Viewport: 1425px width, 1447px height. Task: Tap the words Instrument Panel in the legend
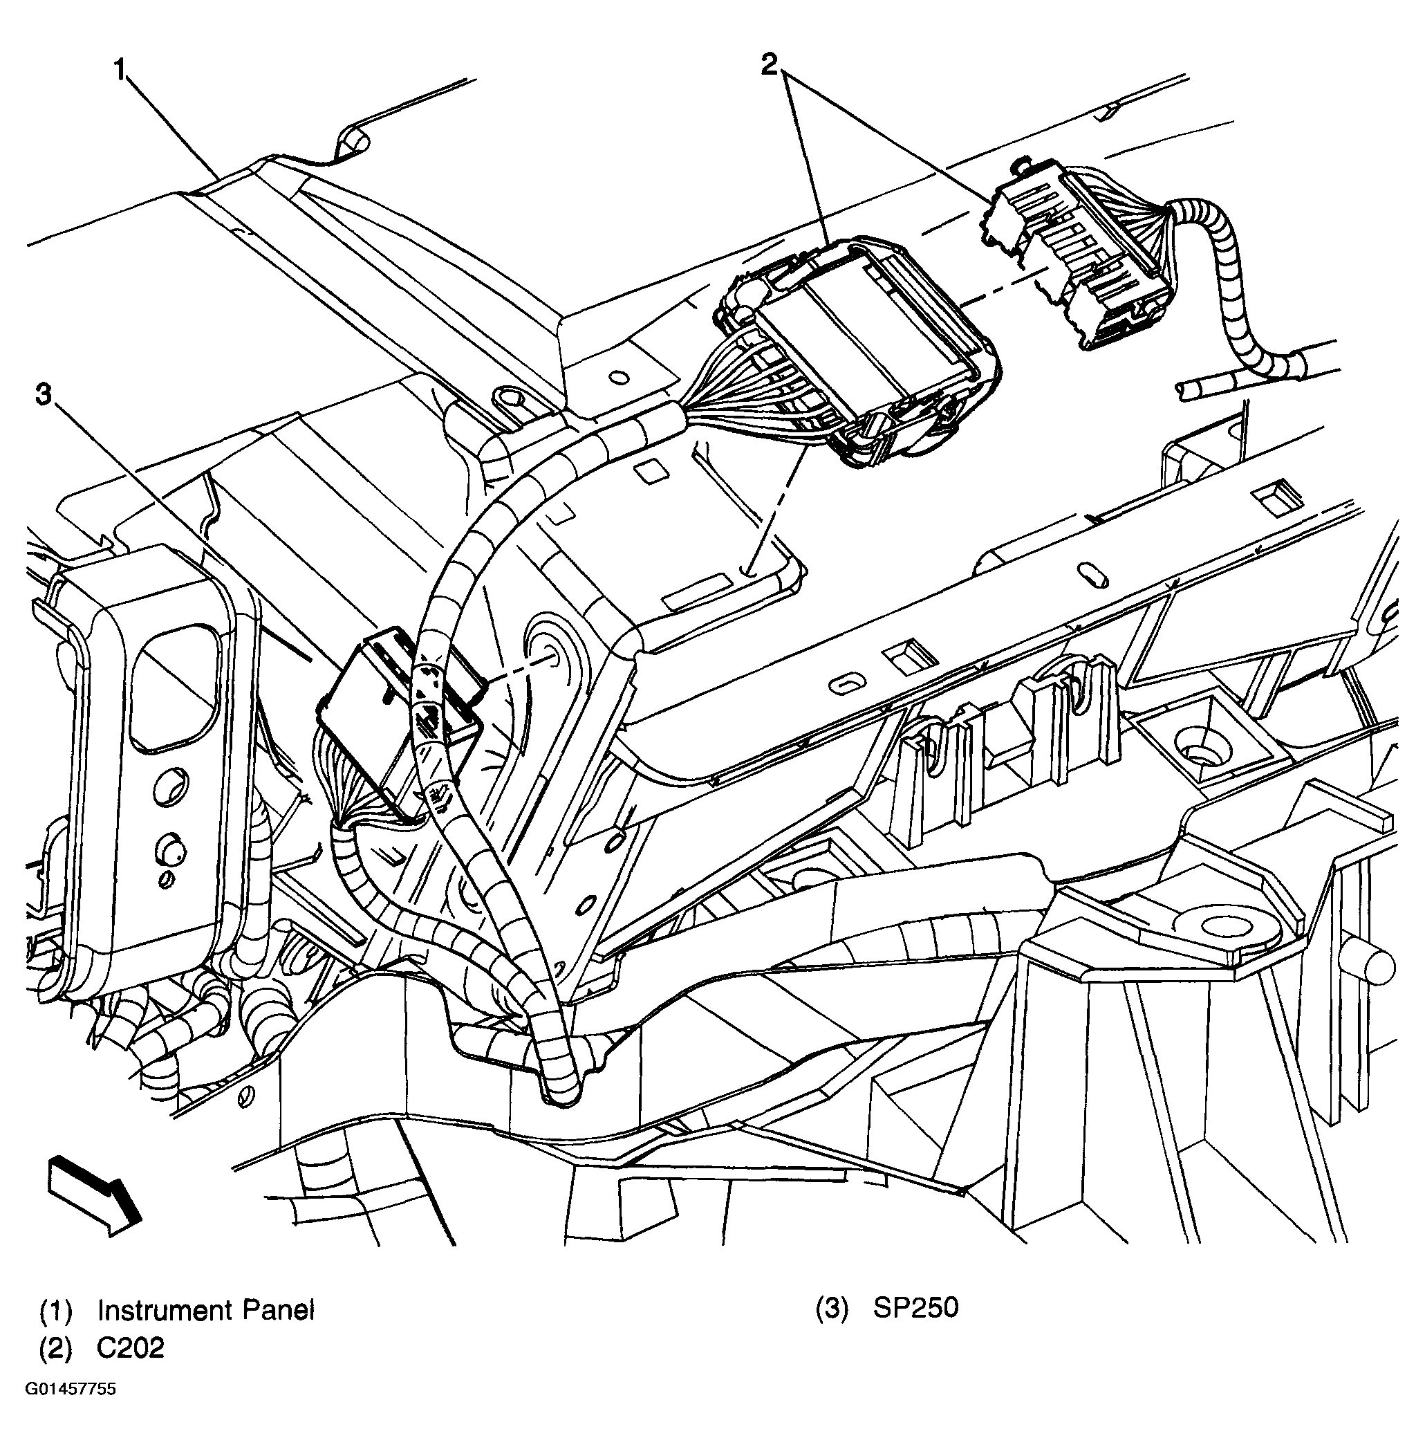coord(206,1311)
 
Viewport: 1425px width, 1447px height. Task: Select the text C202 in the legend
coord(130,1348)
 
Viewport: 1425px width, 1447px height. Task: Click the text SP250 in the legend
coord(915,1308)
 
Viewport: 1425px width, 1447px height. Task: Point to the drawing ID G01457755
coord(71,1390)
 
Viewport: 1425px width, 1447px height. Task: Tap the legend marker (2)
coord(55,1349)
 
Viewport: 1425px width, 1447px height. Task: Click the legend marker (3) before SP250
coord(832,1309)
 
